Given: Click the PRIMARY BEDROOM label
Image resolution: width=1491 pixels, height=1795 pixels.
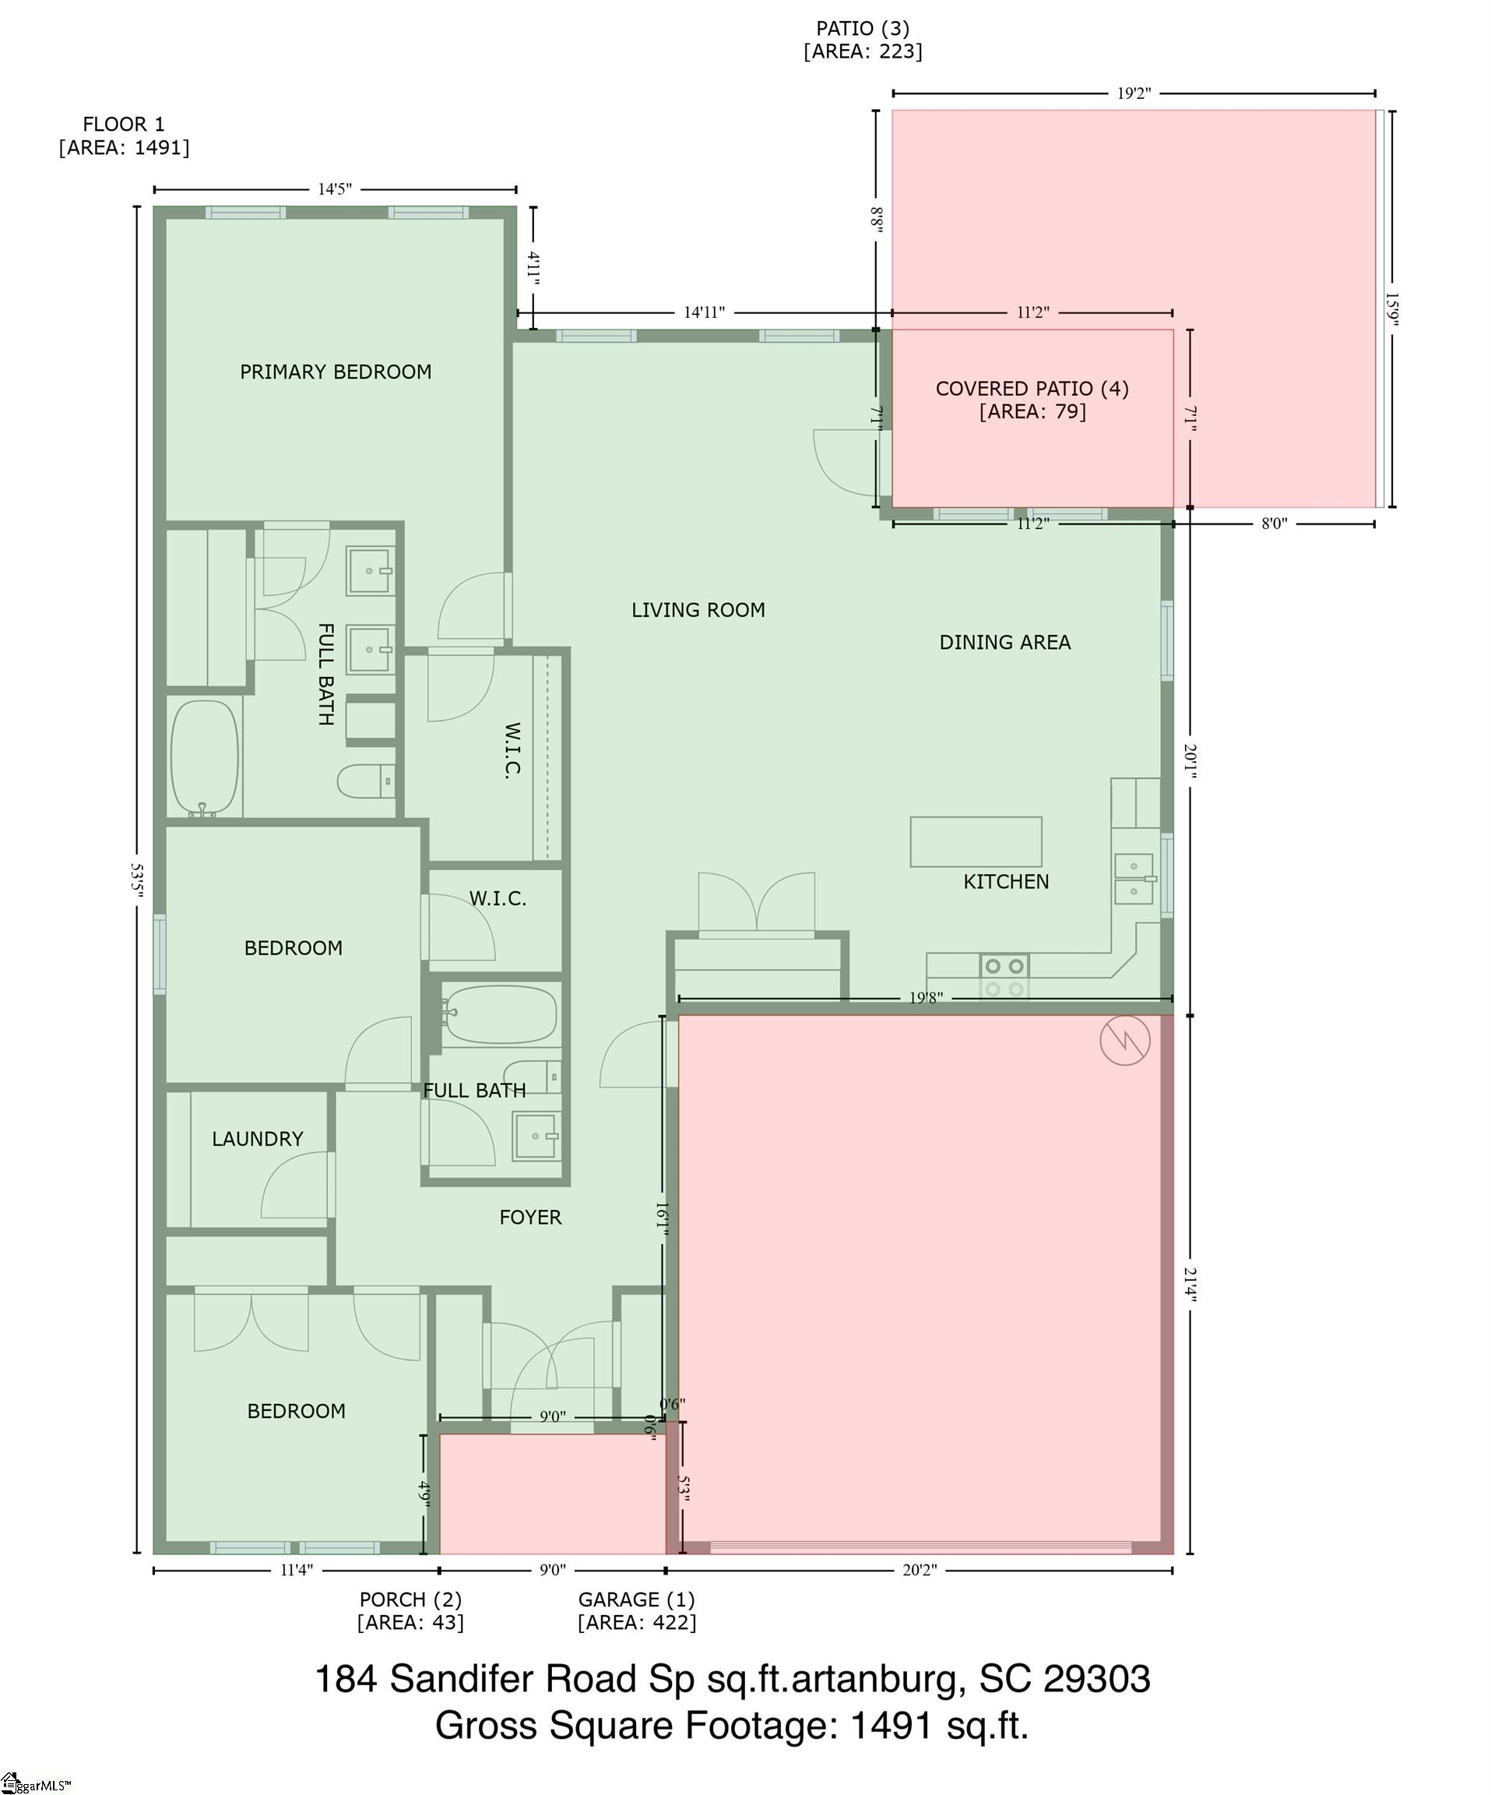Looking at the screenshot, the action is click(x=335, y=372).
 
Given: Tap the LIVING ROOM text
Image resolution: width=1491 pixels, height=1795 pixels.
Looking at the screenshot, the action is click(x=698, y=610).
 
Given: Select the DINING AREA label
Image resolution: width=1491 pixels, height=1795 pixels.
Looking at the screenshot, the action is click(x=1005, y=643).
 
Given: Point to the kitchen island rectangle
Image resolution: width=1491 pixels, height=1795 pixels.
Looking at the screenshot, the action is click(x=976, y=842).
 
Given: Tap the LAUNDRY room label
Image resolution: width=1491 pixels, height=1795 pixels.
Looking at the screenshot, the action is click(x=257, y=1139).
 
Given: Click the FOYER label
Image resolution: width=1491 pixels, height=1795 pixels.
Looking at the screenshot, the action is click(x=530, y=1218).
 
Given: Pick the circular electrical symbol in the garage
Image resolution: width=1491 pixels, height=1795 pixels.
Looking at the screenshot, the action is click(x=1124, y=1040).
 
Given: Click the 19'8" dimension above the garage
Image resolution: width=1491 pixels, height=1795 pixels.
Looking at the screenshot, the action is click(x=926, y=997).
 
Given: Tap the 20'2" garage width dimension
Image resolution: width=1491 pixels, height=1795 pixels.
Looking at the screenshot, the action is click(x=920, y=1570).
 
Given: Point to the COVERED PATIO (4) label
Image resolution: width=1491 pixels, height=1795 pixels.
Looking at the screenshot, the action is click(x=1032, y=389).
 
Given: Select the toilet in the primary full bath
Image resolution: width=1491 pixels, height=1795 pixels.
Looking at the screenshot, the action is click(x=367, y=781).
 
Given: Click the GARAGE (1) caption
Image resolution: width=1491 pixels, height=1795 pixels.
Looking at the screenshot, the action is click(x=637, y=1600).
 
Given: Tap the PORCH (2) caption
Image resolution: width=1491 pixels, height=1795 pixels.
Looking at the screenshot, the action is click(x=410, y=1600).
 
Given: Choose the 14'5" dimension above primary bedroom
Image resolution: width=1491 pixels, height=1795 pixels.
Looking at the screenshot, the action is click(x=335, y=189).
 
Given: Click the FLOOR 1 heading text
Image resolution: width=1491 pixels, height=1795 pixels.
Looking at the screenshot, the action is click(x=124, y=125).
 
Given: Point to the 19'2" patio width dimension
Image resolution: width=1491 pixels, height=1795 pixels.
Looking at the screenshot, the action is click(x=1134, y=93).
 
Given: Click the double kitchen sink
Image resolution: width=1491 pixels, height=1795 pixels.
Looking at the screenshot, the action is click(x=1134, y=879).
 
